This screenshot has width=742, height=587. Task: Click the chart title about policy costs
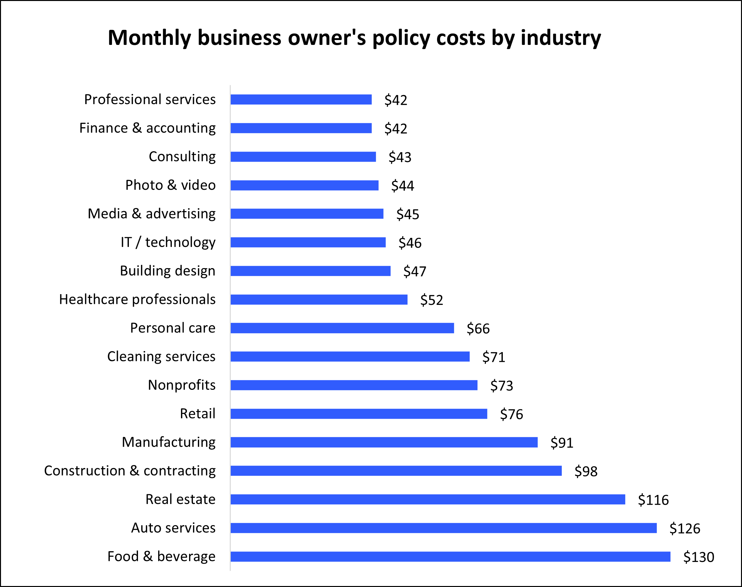point(354,38)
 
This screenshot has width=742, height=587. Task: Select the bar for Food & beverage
point(450,557)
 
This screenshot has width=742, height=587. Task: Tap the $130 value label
point(699,557)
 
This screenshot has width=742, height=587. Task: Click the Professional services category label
point(150,100)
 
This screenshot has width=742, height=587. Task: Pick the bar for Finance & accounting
point(301,128)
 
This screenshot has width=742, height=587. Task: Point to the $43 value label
point(400,157)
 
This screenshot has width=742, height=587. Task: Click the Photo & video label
point(171,185)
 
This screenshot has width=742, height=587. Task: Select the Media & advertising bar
point(307,214)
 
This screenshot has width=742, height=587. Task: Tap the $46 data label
point(410,243)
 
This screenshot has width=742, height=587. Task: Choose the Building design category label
point(168,271)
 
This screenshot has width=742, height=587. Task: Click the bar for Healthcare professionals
point(319,300)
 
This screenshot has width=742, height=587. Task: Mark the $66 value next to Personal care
point(478,329)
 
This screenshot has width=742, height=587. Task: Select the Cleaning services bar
point(350,357)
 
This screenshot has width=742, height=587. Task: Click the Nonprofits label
point(182,385)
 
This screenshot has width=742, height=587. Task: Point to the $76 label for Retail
point(511,414)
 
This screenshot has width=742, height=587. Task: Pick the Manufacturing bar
point(384,442)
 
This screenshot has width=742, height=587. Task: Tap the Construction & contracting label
point(130,471)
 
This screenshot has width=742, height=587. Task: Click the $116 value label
point(653,500)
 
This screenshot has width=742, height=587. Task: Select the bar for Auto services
point(443,528)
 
